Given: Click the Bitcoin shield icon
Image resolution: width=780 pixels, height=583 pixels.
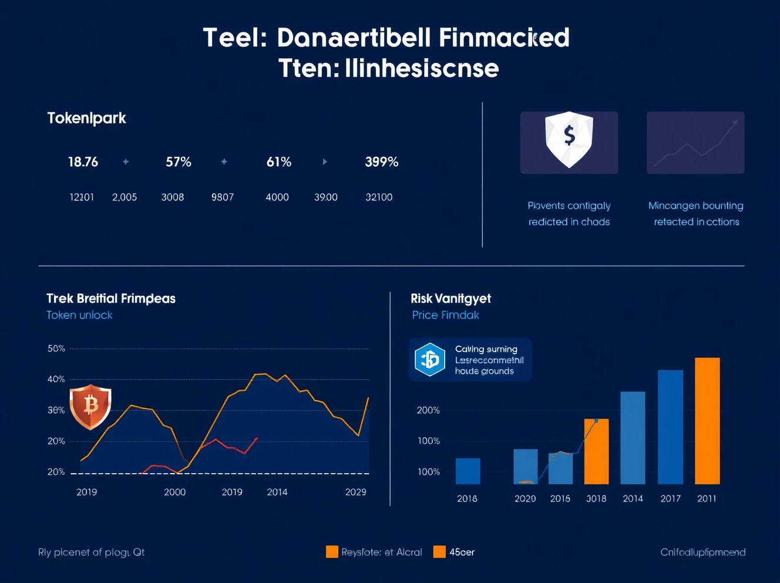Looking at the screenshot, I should point(90,406).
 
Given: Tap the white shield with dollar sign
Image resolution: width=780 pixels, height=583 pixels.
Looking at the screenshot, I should point(569,139).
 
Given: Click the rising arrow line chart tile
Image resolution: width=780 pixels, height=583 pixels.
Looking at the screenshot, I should point(695,143).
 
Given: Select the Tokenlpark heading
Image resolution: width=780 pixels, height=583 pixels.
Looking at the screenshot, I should point(86,118).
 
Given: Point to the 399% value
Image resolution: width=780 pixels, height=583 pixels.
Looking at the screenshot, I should point(381,162).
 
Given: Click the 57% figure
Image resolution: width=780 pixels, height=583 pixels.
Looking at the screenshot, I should point(178,162).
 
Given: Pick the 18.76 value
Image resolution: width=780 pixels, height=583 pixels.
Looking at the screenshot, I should point(83,162).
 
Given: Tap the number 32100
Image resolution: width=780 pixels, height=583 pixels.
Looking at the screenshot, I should point(379,197).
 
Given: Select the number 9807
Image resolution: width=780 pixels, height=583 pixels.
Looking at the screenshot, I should point(223,197).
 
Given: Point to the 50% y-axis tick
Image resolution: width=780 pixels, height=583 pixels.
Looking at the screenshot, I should point(56,349).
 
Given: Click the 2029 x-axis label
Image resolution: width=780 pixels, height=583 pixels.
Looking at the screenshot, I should point(355,492).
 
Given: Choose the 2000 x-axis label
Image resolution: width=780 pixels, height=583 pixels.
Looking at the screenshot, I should point(174,492).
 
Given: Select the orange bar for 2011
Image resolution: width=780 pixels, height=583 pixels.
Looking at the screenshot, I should point(707,421).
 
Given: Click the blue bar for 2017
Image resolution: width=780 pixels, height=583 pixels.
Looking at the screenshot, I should point(670,427).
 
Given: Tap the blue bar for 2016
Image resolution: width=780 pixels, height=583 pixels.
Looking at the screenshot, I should point(468,471).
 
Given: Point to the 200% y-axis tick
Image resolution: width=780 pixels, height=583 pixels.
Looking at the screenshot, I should point(428,410).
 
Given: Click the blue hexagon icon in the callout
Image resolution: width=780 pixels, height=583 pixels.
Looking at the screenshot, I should point(430,359).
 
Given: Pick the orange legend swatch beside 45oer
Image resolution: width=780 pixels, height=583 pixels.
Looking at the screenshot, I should point(439,552).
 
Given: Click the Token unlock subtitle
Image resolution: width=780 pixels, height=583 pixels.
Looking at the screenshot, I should point(79,315).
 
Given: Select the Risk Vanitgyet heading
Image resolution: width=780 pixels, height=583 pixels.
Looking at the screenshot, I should point(450,299).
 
